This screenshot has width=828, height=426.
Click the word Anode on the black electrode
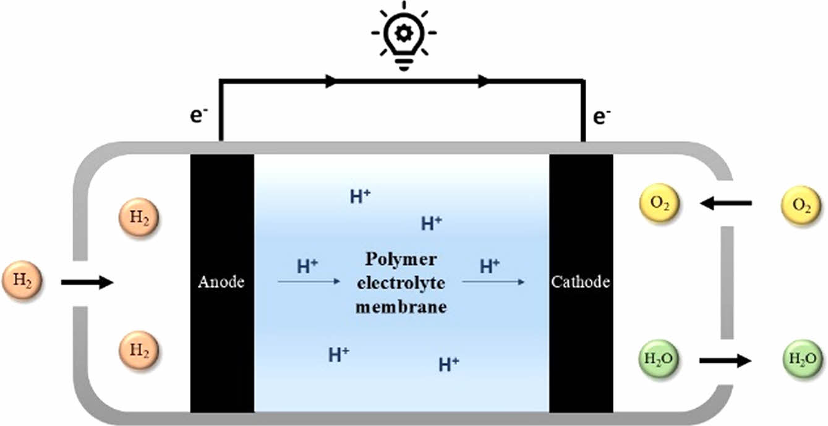tap(221, 283)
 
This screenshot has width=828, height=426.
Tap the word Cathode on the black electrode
tap(581, 283)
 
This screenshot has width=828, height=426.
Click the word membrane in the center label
tap(401, 307)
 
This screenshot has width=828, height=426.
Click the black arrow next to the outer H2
tap(87, 283)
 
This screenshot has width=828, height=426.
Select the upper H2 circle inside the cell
tap(139, 219)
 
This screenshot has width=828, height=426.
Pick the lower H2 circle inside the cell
tap(139, 350)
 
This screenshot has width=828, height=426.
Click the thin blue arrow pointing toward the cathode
tap(493, 282)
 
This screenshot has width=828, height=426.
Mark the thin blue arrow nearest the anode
tap(309, 282)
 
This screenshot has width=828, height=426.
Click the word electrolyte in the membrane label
tap(401, 283)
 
